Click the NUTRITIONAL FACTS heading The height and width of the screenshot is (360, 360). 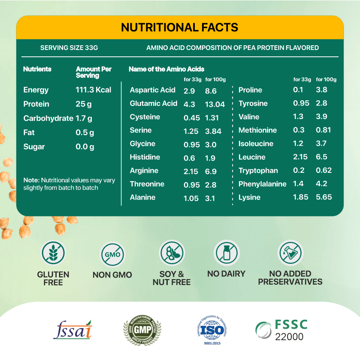[180, 28]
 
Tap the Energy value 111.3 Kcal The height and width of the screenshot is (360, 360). [93, 90]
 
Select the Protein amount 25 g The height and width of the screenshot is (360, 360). [83, 104]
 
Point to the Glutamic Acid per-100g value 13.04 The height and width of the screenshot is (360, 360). [215, 104]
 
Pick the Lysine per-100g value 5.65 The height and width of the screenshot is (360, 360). [324, 197]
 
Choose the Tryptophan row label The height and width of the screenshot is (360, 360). [258, 171]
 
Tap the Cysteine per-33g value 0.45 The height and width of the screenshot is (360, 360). [191, 118]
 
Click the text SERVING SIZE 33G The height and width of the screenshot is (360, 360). [69, 48]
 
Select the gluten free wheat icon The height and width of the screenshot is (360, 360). [53, 253]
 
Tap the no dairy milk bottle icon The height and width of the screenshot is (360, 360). [226, 253]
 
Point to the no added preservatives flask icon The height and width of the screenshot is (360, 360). [290, 253]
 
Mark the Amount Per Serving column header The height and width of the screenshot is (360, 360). [93, 72]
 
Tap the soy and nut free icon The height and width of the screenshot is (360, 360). [172, 253]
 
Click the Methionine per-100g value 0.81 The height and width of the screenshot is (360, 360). [323, 130]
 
